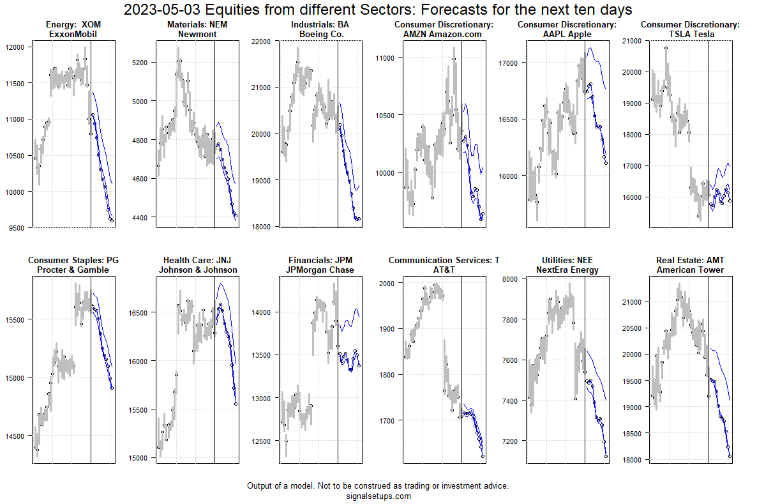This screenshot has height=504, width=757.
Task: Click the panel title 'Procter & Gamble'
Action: [73, 270]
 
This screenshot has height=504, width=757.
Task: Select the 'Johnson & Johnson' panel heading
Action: [198, 270]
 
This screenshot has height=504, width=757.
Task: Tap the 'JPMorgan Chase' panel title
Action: [320, 270]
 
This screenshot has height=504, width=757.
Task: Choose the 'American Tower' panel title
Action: [690, 270]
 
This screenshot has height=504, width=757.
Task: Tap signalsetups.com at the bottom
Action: [378, 496]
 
